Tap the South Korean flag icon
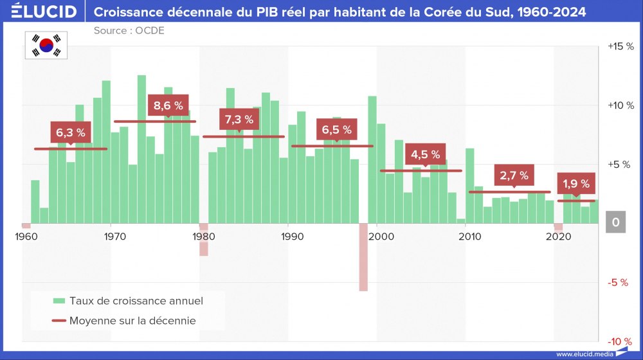[47, 44]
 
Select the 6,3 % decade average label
[70, 132]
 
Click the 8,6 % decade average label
[168, 105]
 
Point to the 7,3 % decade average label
[239, 119]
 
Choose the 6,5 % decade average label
[337, 129]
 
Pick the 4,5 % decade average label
[426, 154]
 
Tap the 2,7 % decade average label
[514, 175]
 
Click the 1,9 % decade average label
[575, 184]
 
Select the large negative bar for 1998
[363, 257]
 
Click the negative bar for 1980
[204, 240]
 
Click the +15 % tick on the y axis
[620, 46]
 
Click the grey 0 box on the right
[615, 222]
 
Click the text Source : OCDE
[129, 30]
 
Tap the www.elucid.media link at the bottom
[584, 354]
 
